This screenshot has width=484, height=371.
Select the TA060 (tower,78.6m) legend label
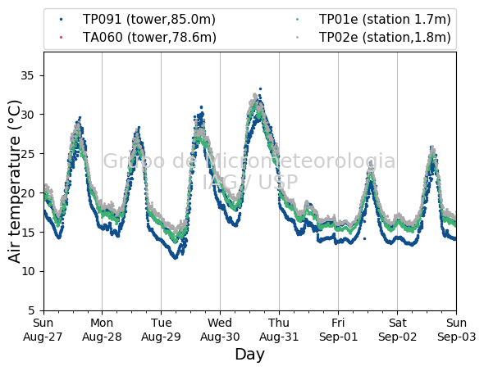click(149, 38)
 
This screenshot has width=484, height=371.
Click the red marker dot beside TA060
click(62, 38)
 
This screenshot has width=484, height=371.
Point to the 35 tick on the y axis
click(27, 75)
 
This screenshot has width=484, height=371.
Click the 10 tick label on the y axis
click(27, 271)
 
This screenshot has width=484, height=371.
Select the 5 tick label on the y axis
click(31, 310)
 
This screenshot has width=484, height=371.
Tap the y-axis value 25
click(27, 154)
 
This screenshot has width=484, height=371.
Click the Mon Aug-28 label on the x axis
click(102, 330)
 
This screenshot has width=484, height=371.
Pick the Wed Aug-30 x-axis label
click(220, 330)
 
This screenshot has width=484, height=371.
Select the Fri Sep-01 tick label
click(338, 330)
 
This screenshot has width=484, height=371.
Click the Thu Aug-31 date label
click(279, 330)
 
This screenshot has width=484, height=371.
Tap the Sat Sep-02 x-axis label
click(398, 330)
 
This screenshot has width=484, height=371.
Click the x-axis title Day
click(249, 355)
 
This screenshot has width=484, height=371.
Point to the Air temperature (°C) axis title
click(14, 182)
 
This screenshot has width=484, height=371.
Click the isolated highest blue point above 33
click(260, 88)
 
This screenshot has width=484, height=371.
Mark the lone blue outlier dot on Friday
click(365, 238)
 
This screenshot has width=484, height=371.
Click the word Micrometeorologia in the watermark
click(300, 161)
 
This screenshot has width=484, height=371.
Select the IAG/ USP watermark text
click(250, 182)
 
